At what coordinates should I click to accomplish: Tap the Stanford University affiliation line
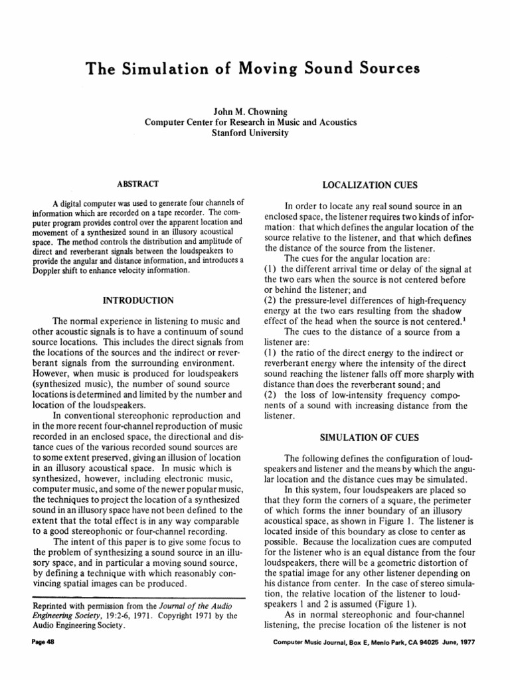251,133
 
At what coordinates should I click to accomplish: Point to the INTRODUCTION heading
131,301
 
